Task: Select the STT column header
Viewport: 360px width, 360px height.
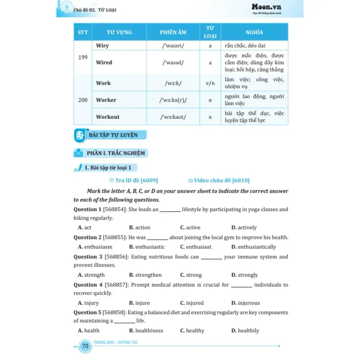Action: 83,33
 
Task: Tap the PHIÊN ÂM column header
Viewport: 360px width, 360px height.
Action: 173,33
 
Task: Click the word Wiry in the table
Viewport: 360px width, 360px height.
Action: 103,46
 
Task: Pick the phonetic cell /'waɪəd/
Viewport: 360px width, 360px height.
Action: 173,63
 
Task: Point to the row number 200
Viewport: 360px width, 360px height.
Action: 83,100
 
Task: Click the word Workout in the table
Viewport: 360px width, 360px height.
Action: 108,117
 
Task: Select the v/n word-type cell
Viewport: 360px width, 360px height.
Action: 210,83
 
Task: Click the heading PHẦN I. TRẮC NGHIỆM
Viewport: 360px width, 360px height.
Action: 116,153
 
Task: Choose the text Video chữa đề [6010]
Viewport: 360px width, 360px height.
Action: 219,180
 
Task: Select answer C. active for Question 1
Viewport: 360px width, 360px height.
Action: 190,228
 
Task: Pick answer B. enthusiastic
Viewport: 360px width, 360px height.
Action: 147,247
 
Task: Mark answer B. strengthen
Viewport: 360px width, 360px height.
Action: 145,275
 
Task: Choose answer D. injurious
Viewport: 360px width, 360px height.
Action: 245,303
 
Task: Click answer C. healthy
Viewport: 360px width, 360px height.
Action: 192,331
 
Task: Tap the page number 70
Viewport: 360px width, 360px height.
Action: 85,346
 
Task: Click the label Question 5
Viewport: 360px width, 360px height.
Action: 87,312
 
